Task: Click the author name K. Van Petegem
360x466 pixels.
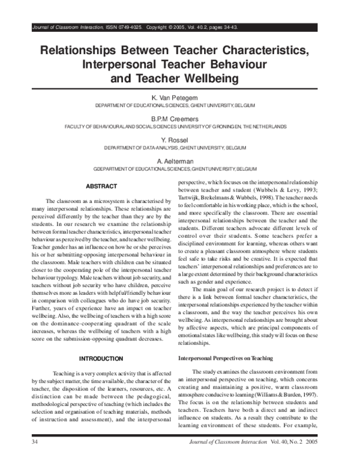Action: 179,96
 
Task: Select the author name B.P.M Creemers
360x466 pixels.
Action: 179,118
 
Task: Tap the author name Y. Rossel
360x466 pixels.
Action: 179,140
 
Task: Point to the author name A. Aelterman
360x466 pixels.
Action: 179,161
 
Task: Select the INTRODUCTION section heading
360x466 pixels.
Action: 101,359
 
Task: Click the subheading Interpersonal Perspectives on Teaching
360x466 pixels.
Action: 226,359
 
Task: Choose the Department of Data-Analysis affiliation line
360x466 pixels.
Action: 179,148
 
